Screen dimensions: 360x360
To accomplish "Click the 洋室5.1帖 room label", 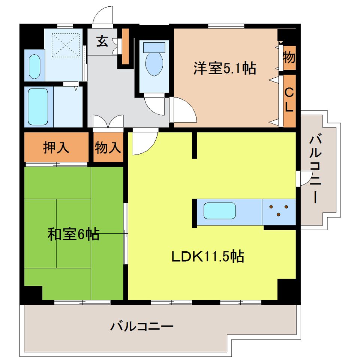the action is (x=225, y=68).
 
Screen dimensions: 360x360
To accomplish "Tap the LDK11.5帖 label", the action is (x=208, y=256).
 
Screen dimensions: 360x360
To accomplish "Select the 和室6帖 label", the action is (x=73, y=234).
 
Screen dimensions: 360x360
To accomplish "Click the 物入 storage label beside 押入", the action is (x=108, y=147).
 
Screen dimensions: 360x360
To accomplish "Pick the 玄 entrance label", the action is (x=102, y=41).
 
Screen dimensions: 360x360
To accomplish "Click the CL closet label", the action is (x=289, y=100).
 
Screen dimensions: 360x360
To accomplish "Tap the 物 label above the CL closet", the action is (x=289, y=57).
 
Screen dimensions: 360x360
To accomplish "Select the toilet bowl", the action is (x=154, y=59).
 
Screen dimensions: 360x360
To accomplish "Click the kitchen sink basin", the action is (x=220, y=211).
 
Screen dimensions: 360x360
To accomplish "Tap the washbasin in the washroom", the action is (x=34, y=67).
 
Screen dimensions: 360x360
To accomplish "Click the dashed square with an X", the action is (x=65, y=45).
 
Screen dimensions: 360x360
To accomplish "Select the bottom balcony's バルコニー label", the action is (x=142, y=326).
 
